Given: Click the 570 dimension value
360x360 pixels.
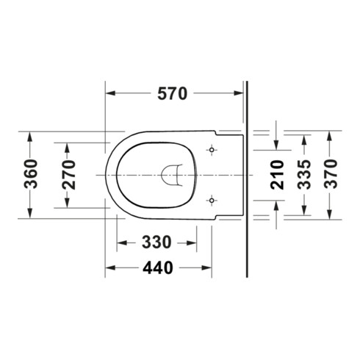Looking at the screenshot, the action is coord(173,93).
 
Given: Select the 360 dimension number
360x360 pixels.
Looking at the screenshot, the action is coord(31,174).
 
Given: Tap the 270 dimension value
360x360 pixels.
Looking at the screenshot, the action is coord(69,175).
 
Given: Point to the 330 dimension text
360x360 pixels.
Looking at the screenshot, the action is coord(156,242).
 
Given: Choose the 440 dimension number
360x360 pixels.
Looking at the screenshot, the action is coord(158,267).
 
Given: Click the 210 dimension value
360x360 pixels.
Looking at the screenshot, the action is coord(277,175).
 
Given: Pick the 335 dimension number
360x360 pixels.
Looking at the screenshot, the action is coord(304,174).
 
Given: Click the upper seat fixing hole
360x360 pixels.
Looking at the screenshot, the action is coord(212,150).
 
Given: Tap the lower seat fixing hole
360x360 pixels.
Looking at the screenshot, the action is coord(212,201).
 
